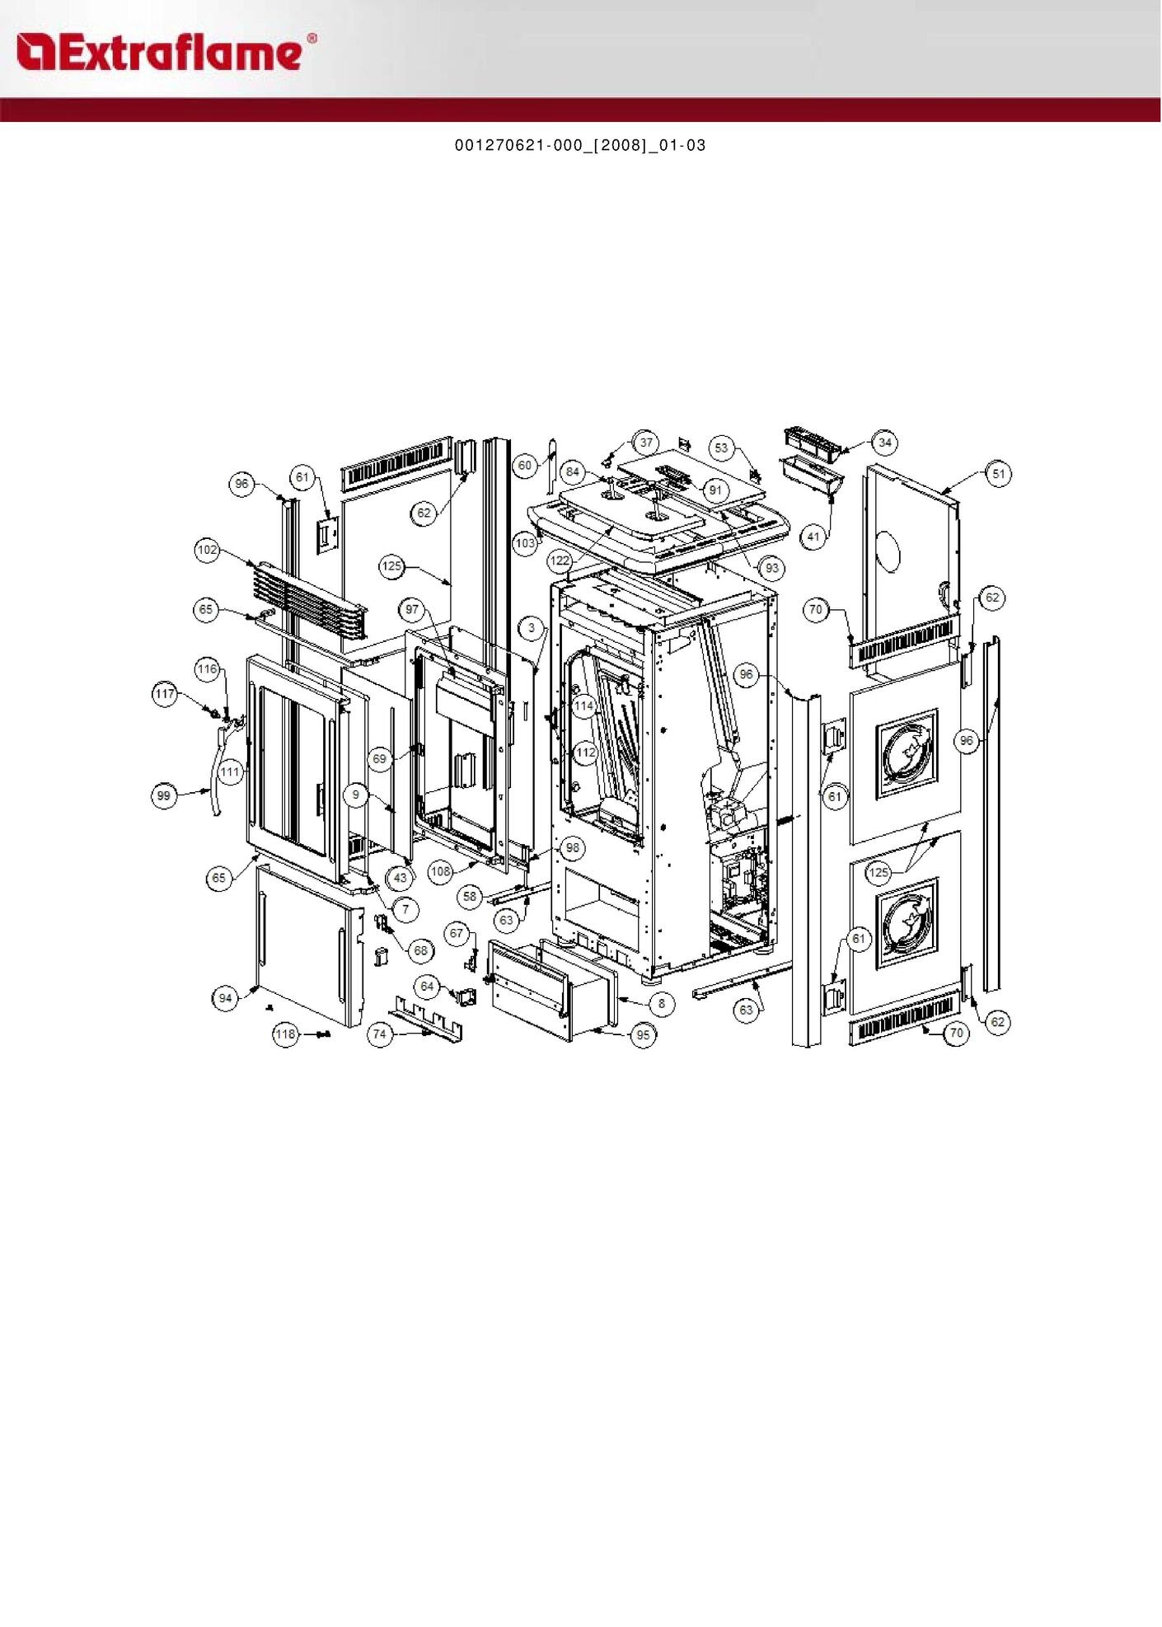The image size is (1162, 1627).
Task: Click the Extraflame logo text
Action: (166, 53)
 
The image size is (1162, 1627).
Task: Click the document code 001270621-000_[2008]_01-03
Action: (580, 145)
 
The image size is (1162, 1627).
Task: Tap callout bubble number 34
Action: (884, 443)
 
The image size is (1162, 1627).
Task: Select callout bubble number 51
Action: (999, 474)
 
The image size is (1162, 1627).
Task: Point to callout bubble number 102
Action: (208, 550)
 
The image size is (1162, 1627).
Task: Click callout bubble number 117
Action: (165, 694)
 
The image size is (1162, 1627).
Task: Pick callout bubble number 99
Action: (164, 796)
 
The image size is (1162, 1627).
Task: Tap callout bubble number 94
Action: (226, 999)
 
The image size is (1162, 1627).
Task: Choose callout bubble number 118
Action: (285, 1034)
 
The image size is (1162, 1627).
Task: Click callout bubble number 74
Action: (379, 1034)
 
